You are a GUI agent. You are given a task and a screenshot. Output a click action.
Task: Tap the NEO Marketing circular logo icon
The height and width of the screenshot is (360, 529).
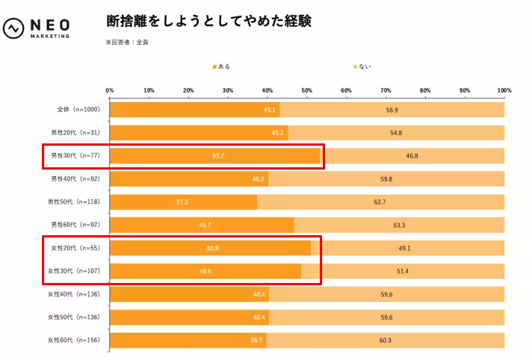[14, 28]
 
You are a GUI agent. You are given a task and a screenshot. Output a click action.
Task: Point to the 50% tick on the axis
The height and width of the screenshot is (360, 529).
[307, 90]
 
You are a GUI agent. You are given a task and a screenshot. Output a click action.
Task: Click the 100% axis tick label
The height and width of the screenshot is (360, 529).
[504, 90]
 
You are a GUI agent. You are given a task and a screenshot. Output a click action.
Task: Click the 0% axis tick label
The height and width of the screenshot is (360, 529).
[110, 90]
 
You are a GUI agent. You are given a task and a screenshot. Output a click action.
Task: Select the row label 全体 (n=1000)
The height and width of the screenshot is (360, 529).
[78, 110]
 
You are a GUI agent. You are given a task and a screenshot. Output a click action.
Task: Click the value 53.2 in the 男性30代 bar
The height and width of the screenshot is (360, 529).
[218, 156]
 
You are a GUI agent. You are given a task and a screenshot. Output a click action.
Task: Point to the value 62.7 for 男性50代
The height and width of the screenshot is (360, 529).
[391, 202]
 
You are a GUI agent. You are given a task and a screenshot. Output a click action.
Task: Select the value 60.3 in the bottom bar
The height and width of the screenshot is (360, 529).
[386, 341]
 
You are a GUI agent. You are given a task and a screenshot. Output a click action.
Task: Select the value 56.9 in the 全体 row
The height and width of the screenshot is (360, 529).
[392, 110]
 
